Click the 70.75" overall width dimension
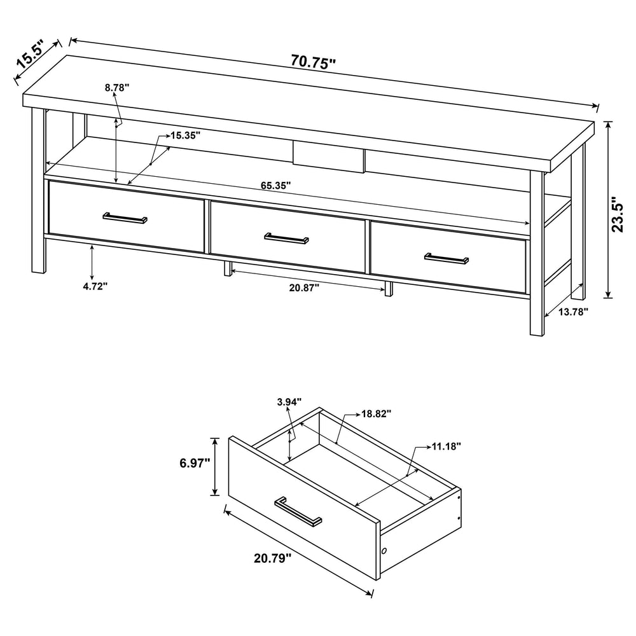[314, 62]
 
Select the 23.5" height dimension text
[618, 214]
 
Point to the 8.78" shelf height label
[117, 87]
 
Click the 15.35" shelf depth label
[185, 135]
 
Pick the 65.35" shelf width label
[276, 186]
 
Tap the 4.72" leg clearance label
[95, 286]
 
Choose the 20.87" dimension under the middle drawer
[304, 287]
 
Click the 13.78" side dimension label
[573, 312]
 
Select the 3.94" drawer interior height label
[289, 402]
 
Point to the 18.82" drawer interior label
[376, 414]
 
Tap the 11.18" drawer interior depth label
[446, 446]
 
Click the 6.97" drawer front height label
[195, 463]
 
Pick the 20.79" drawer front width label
[273, 558]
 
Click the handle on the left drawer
[125, 218]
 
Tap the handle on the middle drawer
[286, 238]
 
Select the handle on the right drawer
[446, 258]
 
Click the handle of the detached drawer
[298, 511]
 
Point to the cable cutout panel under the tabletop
[329, 156]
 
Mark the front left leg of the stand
[38, 190]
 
